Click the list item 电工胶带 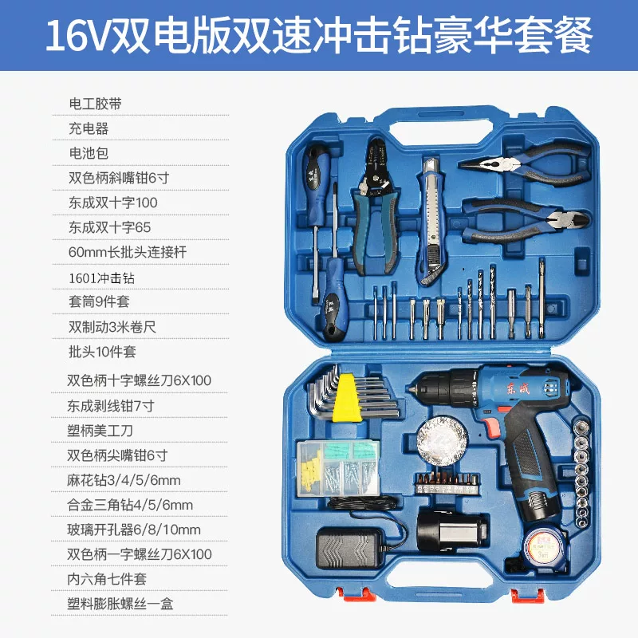95,104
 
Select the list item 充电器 89,128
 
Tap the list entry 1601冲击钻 101,278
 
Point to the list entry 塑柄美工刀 100,431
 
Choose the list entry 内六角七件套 107,579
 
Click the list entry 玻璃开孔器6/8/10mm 134,530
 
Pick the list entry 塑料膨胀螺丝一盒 120,604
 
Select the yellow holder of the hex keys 347,398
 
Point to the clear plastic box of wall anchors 337,468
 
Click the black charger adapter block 350,547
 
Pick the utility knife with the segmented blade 431,222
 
